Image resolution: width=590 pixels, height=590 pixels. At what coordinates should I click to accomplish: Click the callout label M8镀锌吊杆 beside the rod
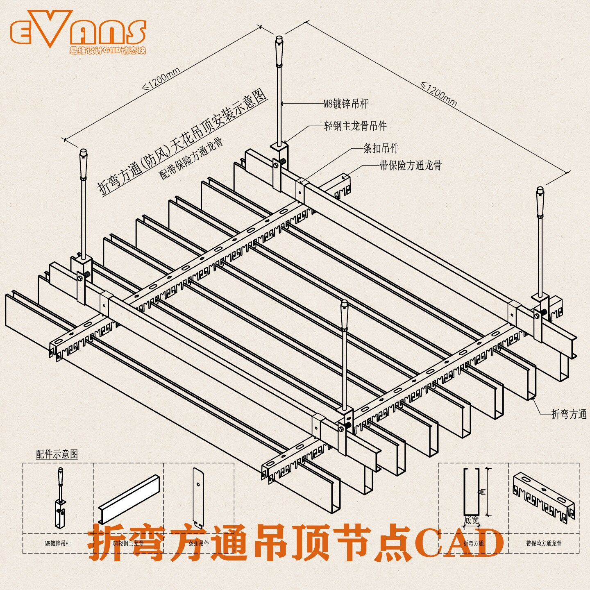pos(346,104)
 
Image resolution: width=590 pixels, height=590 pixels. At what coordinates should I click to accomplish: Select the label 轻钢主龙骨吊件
pos(355,126)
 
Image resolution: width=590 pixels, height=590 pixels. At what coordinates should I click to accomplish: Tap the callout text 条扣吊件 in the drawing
pos(381,148)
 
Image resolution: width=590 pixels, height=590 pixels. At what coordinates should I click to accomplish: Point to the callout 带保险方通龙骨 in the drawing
pos(411,166)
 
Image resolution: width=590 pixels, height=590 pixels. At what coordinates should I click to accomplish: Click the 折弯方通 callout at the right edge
pos(569,414)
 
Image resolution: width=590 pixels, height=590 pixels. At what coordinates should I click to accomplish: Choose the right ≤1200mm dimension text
pos(438,95)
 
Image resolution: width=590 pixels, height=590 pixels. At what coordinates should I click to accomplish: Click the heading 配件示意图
pos(57,454)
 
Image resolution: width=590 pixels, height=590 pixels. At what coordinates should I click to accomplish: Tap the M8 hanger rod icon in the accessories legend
pos(60,497)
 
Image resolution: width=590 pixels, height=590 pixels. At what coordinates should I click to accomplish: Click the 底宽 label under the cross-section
pos(472,520)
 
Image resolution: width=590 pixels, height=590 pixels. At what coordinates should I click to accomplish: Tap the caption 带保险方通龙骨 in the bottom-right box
pos(544,543)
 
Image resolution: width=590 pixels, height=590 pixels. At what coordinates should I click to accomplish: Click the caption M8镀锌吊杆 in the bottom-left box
pos(58,543)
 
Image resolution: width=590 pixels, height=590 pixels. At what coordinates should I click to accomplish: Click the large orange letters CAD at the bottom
pos(459,543)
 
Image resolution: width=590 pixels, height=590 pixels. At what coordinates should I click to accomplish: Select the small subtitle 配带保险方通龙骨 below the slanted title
pos(191,159)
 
